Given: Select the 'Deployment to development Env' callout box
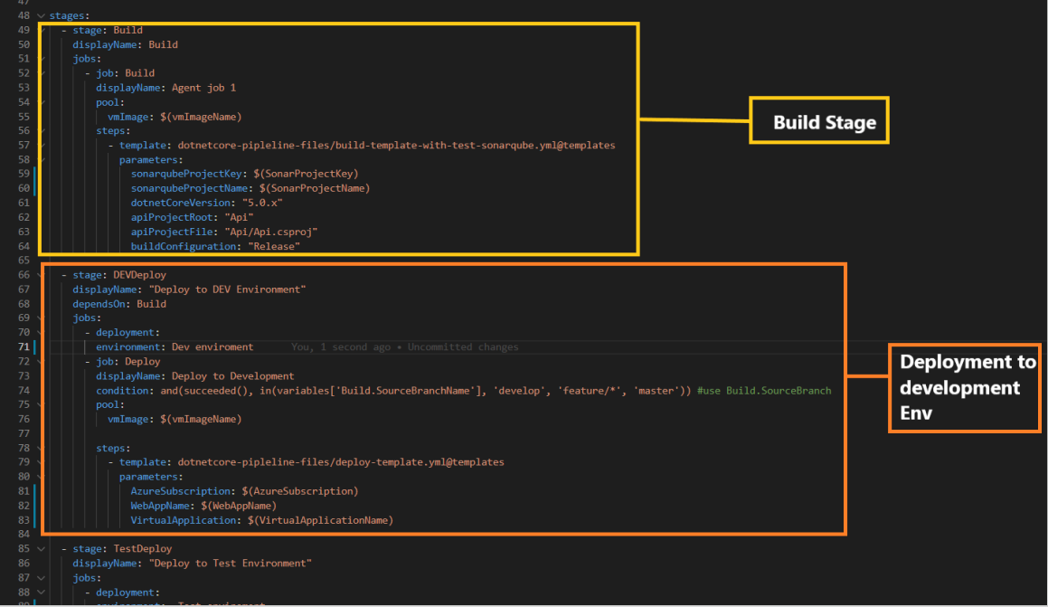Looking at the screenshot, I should [964, 388].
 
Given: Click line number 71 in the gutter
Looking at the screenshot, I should [24, 346].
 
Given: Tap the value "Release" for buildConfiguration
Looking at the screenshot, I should [274, 246].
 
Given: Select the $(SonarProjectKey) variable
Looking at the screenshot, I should [306, 174].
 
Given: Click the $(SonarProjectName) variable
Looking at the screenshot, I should [311, 188].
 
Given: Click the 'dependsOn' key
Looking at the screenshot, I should [101, 304].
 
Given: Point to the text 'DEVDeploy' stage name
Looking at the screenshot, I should [139, 275].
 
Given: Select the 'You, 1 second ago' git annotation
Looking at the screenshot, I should [341, 347].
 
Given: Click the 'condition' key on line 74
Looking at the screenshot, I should [124, 391].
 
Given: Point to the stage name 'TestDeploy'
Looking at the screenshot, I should [142, 549].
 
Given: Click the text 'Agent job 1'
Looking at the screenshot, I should [203, 88].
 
